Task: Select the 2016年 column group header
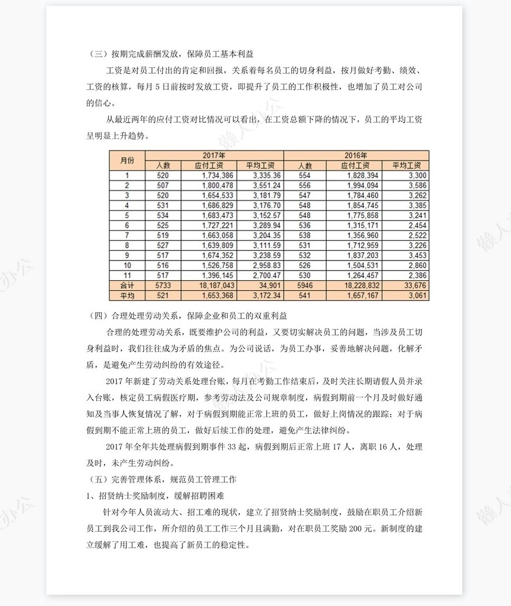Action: [355, 155]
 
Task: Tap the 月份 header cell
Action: [127, 160]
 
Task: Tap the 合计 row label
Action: [127, 285]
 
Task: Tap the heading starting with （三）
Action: [173, 54]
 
